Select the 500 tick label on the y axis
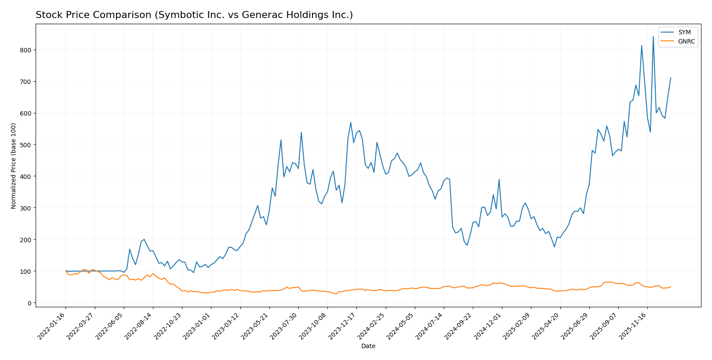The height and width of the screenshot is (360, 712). pyautogui.click(x=25, y=145)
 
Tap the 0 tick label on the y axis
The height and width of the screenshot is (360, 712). pyautogui.click(x=29, y=303)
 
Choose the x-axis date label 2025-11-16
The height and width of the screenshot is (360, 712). pyautogui.click(x=635, y=326)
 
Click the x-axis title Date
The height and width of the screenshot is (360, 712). pyautogui.click(x=368, y=346)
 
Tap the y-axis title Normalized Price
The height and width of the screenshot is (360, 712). pyautogui.click(x=14, y=166)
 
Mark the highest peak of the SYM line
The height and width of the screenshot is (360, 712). pyautogui.click(x=653, y=37)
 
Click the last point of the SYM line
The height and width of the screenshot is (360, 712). pyautogui.click(x=671, y=78)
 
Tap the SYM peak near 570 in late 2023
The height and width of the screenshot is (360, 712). pyautogui.click(x=351, y=123)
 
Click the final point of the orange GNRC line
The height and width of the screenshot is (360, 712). pyautogui.click(x=671, y=287)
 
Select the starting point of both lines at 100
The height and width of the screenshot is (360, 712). pyautogui.click(x=65, y=271)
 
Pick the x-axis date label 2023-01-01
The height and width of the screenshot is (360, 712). pyautogui.click(x=198, y=326)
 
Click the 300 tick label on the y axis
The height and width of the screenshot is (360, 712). pyautogui.click(x=25, y=208)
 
